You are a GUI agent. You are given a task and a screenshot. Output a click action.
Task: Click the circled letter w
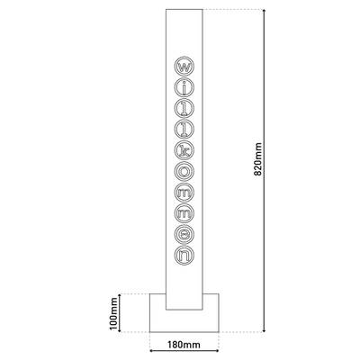(x=183, y=67)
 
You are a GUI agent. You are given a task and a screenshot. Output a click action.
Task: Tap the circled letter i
(x=183, y=87)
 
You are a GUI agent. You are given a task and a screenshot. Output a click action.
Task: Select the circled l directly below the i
(x=183, y=109)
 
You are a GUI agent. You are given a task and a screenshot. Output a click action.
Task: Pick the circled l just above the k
(x=183, y=130)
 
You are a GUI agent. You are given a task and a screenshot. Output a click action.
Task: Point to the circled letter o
(x=183, y=171)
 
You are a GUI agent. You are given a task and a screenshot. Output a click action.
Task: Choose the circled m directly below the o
(x=183, y=192)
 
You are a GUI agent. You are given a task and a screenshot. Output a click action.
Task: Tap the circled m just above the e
(x=183, y=212)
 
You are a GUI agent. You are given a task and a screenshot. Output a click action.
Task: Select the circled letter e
(x=183, y=233)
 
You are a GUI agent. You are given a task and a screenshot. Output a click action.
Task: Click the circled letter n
(x=183, y=254)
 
